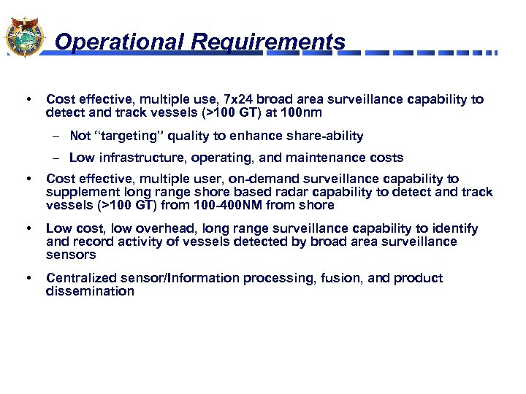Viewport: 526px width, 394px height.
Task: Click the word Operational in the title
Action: coord(120,42)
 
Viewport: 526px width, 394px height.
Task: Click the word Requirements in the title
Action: coord(268,42)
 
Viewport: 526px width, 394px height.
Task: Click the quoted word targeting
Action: coord(129,136)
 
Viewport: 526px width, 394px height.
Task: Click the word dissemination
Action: coord(90,292)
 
